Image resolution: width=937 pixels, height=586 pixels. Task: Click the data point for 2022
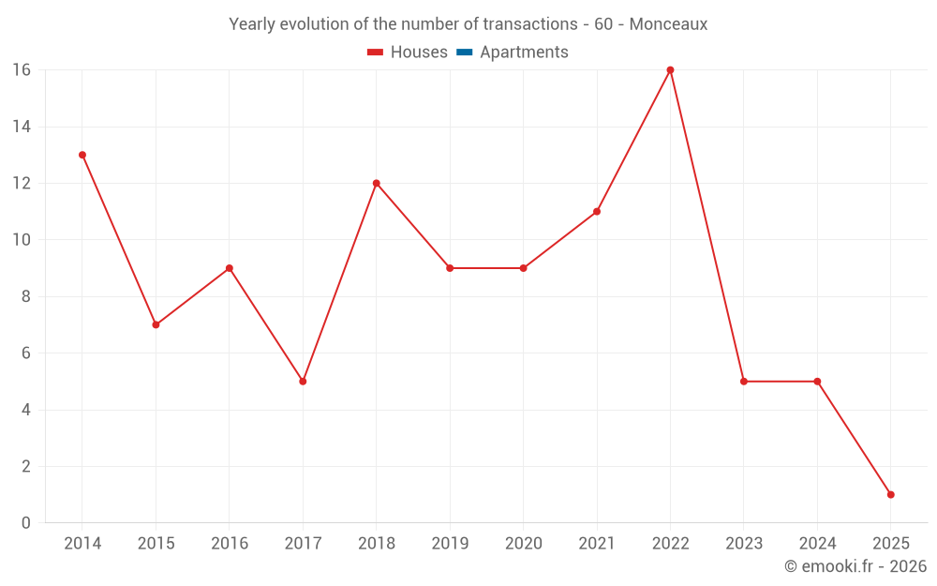tap(670, 70)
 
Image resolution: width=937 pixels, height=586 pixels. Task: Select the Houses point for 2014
tap(82, 155)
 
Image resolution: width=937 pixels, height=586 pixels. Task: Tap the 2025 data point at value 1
tap(890, 494)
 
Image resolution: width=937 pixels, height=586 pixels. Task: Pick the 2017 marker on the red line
tap(303, 382)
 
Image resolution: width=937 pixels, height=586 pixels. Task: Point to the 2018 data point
tap(377, 183)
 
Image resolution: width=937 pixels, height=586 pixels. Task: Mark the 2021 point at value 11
tap(597, 212)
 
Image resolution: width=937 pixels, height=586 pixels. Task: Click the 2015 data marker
tap(156, 324)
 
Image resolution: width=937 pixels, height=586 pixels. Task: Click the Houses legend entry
tap(418, 53)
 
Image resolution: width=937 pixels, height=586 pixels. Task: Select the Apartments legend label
tap(524, 53)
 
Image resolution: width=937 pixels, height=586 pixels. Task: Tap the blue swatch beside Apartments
tap(465, 53)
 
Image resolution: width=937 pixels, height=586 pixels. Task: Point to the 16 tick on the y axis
tap(21, 70)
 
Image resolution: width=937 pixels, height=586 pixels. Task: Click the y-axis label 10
tap(21, 240)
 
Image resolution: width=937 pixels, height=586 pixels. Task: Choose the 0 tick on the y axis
tap(25, 523)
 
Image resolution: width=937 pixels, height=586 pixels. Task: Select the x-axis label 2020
tap(523, 544)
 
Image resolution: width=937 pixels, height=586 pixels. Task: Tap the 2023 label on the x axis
tap(743, 544)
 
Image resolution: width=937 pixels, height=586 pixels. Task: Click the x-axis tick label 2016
tap(230, 544)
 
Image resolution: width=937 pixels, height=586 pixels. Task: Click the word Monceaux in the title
tap(668, 23)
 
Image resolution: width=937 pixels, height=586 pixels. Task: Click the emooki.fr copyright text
tap(855, 566)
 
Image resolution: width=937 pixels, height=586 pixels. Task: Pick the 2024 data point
tap(817, 382)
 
